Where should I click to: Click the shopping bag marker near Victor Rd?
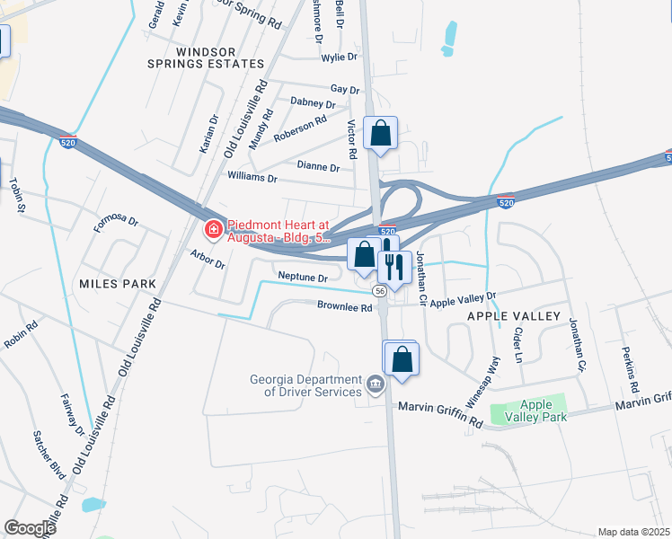tap(381, 135)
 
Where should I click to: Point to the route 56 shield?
tap(381, 290)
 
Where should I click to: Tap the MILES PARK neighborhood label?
tap(118, 284)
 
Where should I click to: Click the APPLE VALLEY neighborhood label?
tap(513, 316)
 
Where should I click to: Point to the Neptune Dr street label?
tap(303, 278)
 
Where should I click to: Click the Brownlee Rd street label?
tap(344, 307)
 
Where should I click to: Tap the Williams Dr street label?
tap(252, 177)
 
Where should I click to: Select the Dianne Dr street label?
tap(319, 166)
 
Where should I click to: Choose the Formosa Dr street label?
tap(117, 221)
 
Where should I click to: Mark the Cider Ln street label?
tap(517, 342)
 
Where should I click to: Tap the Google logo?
tap(30, 528)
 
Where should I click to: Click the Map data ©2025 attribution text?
tap(632, 532)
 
